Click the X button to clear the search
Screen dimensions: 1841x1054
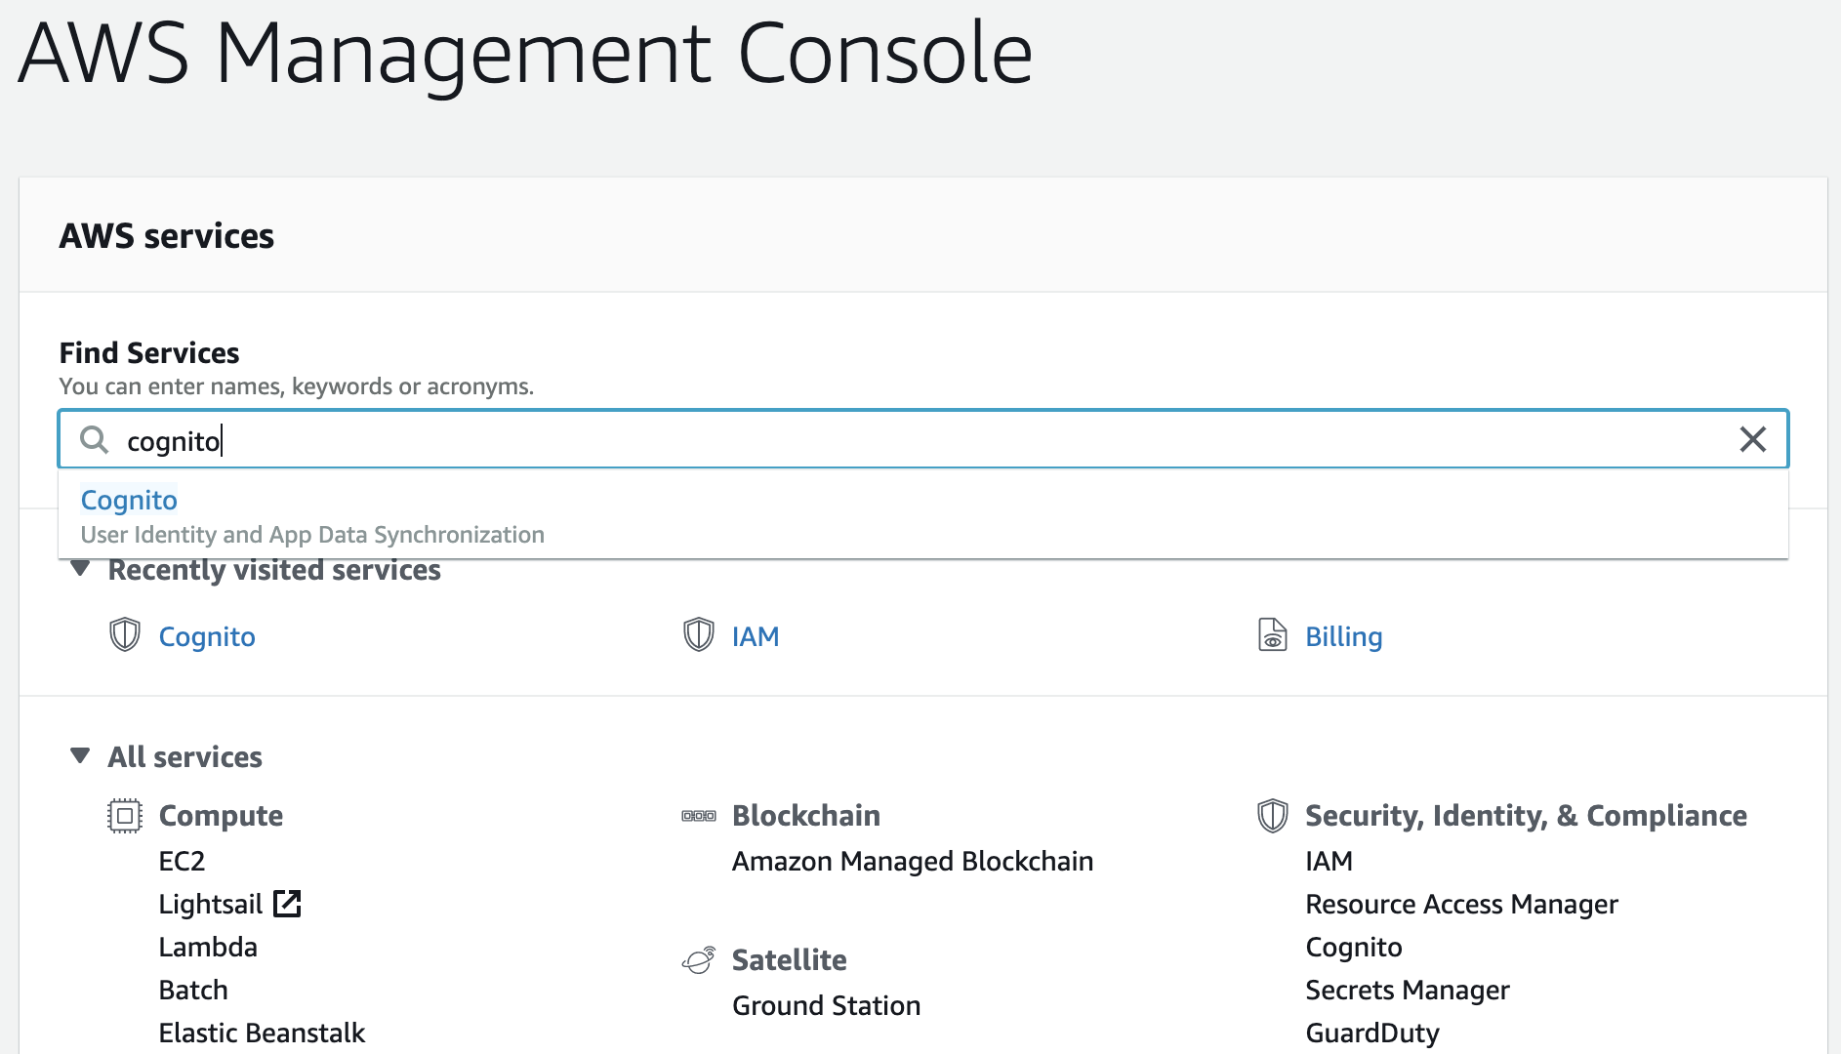pyautogui.click(x=1752, y=439)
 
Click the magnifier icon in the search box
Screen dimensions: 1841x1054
pyautogui.click(x=94, y=439)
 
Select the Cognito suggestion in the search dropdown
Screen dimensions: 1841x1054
pyautogui.click(x=129, y=500)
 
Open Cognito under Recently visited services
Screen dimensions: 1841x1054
pyautogui.click(x=207, y=636)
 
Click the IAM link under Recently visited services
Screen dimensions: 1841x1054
pyautogui.click(x=756, y=636)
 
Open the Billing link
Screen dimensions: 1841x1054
pyautogui.click(x=1344, y=636)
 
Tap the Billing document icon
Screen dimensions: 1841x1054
pyautogui.click(x=1272, y=634)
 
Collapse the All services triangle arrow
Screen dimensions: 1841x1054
pyautogui.click(x=81, y=755)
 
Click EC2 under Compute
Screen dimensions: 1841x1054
pyautogui.click(x=183, y=861)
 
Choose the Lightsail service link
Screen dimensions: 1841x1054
pyautogui.click(x=211, y=904)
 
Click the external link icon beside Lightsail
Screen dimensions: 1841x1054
pyautogui.click(x=287, y=904)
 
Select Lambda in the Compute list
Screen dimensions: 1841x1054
pyautogui.click(x=208, y=947)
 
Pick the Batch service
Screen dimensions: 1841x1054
pyautogui.click(x=193, y=990)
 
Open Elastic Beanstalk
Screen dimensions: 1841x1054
pyautogui.click(x=262, y=1033)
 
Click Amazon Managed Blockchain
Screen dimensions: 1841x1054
pyautogui.click(x=913, y=861)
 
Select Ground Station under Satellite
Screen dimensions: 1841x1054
pyautogui.click(x=827, y=1005)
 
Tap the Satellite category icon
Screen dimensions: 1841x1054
pyautogui.click(x=699, y=960)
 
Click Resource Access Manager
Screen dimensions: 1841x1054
pyautogui.click(x=1462, y=904)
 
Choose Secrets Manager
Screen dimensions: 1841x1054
pyautogui.click(x=1408, y=990)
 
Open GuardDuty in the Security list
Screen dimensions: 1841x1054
pyautogui.click(x=1372, y=1033)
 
